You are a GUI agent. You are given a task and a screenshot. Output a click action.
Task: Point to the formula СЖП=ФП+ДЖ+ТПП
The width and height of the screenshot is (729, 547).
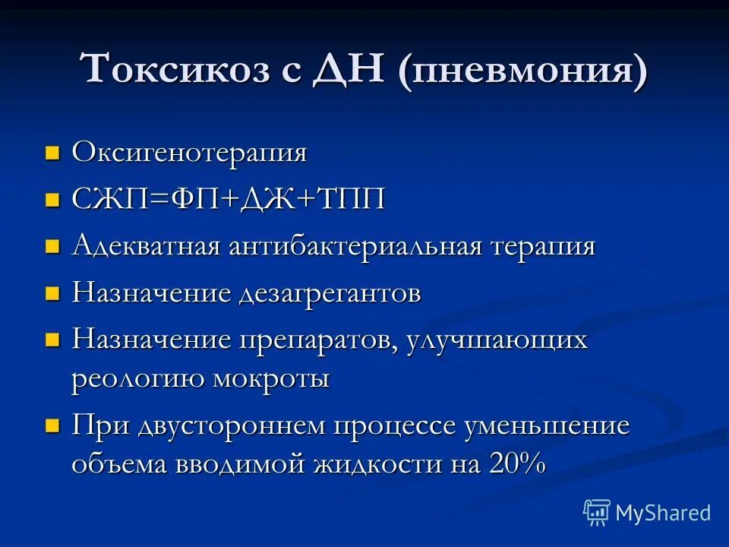pos(229,201)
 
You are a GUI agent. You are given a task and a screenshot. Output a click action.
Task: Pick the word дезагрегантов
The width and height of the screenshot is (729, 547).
pos(330,294)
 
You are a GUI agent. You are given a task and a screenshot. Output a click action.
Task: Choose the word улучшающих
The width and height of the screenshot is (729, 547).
pos(497,341)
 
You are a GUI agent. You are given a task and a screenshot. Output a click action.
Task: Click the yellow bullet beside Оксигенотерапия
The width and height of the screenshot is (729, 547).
pos(52,153)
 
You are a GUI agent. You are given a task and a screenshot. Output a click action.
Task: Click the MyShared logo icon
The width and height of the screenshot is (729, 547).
pos(597,513)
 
